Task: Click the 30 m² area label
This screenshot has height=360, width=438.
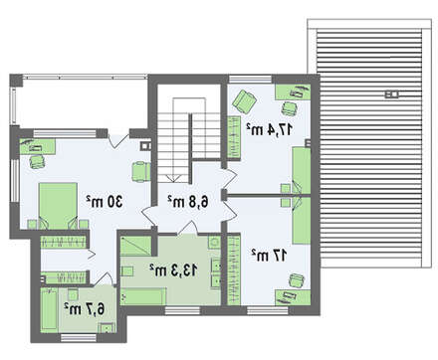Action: click(x=105, y=201)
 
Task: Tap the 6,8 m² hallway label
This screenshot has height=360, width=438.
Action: click(x=188, y=201)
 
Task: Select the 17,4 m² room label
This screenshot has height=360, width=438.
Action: click(x=270, y=129)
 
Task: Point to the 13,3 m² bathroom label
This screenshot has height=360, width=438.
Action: click(x=173, y=270)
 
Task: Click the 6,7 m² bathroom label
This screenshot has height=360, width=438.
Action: click(x=85, y=308)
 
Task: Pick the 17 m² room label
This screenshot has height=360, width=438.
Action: click(x=269, y=256)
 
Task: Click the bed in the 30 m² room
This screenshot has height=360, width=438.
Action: click(x=59, y=206)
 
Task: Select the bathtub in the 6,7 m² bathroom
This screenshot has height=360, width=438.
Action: click(x=49, y=309)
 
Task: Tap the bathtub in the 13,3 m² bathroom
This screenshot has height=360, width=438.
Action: click(x=143, y=296)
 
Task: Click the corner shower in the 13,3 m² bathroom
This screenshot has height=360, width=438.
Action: click(x=136, y=246)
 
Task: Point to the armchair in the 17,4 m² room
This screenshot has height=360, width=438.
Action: click(x=245, y=101)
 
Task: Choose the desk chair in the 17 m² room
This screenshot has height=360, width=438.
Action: click(x=297, y=280)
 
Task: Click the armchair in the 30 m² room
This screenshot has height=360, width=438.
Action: click(x=141, y=172)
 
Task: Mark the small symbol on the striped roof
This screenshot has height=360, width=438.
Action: click(x=391, y=94)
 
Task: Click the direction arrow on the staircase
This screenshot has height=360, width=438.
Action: click(x=172, y=178)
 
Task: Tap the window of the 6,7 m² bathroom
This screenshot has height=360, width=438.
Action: click(x=79, y=338)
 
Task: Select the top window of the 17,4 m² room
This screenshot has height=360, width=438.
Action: click(x=251, y=80)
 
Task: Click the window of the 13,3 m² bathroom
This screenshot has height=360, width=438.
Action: click(x=182, y=310)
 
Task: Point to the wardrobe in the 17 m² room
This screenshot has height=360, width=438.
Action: click(x=234, y=270)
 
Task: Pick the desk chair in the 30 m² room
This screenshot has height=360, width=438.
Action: click(x=37, y=161)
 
